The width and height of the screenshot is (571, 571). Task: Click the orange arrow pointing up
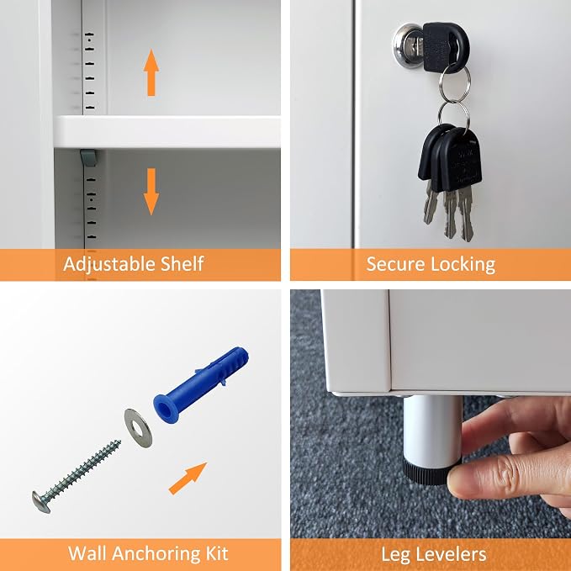(x=151, y=73)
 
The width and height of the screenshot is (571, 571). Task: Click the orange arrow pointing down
(x=151, y=192)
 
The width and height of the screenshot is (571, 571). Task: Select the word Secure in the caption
(x=395, y=264)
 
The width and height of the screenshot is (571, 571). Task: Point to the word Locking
(x=463, y=265)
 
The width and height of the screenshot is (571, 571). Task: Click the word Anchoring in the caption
(x=157, y=554)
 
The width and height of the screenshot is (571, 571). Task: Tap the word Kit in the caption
(x=217, y=553)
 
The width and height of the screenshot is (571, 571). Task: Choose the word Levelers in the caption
(x=450, y=554)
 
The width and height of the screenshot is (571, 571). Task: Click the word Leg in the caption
(x=394, y=555)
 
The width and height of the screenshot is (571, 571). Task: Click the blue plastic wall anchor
(x=201, y=384)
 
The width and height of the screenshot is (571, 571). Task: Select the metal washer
(x=138, y=428)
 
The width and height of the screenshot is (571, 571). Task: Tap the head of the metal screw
(x=40, y=502)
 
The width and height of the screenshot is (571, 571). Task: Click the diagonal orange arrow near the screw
(x=188, y=478)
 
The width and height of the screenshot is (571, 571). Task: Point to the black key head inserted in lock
(x=446, y=47)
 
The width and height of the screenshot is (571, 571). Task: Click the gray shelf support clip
(x=88, y=158)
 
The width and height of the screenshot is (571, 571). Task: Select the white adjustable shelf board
(x=167, y=132)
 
